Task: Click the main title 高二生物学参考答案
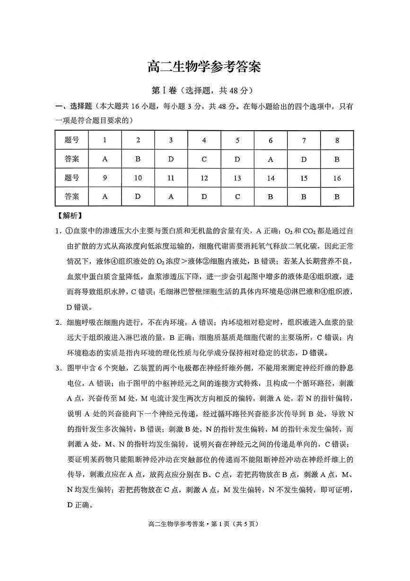pyautogui.click(x=204, y=67)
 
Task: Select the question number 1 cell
pyautogui.click(x=105, y=140)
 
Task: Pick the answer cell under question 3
pyautogui.click(x=171, y=159)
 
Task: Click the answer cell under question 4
pyautogui.click(x=204, y=159)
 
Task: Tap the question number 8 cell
pyautogui.click(x=337, y=140)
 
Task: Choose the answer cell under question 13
pyautogui.click(x=237, y=197)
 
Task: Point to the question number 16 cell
pyautogui.click(x=337, y=178)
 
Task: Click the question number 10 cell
pyautogui.click(x=138, y=178)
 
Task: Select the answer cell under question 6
pyautogui.click(x=270, y=159)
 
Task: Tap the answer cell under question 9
pyautogui.click(x=105, y=197)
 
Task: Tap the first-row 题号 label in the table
pyautogui.click(x=71, y=140)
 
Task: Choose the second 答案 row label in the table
pyautogui.click(x=71, y=197)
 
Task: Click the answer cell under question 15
pyautogui.click(x=304, y=197)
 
